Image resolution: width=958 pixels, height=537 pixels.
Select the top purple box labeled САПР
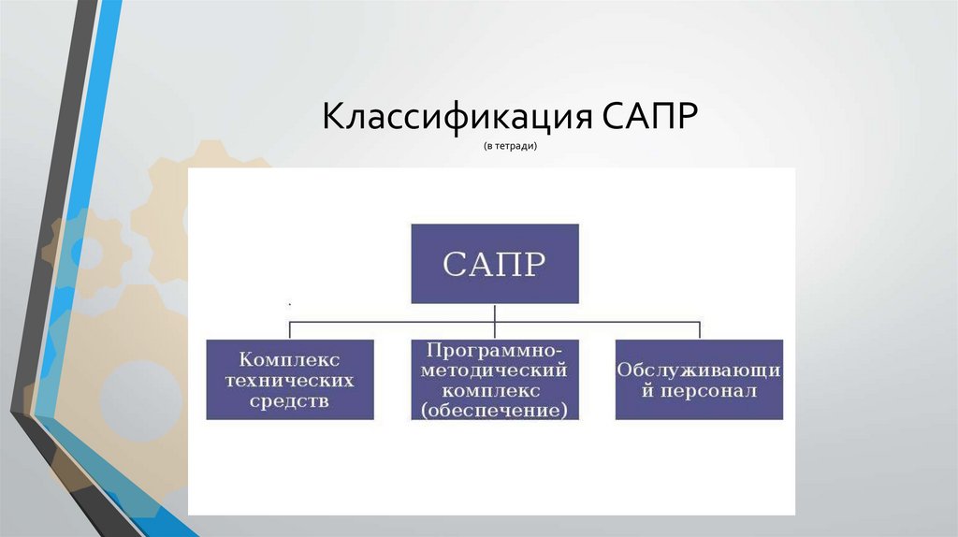[495, 263]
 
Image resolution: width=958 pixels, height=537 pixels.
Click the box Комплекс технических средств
[290, 379]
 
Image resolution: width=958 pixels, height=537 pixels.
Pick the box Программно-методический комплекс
[495, 379]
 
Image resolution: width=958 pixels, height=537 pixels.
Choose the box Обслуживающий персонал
[699, 379]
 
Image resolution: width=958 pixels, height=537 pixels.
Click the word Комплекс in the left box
[290, 359]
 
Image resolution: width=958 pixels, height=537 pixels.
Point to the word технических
[290, 380]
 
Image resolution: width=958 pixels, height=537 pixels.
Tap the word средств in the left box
[290, 400]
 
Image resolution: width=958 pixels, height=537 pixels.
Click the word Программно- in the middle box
[495, 349]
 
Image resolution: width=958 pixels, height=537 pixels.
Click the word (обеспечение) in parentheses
[495, 410]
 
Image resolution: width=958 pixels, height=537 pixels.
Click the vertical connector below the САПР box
[495, 312]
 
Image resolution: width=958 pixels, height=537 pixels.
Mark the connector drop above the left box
[290, 329]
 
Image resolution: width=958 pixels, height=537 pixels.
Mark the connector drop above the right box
[699, 329]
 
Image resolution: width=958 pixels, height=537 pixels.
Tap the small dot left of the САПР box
[290, 304]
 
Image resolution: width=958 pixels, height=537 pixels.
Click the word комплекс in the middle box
[495, 389]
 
